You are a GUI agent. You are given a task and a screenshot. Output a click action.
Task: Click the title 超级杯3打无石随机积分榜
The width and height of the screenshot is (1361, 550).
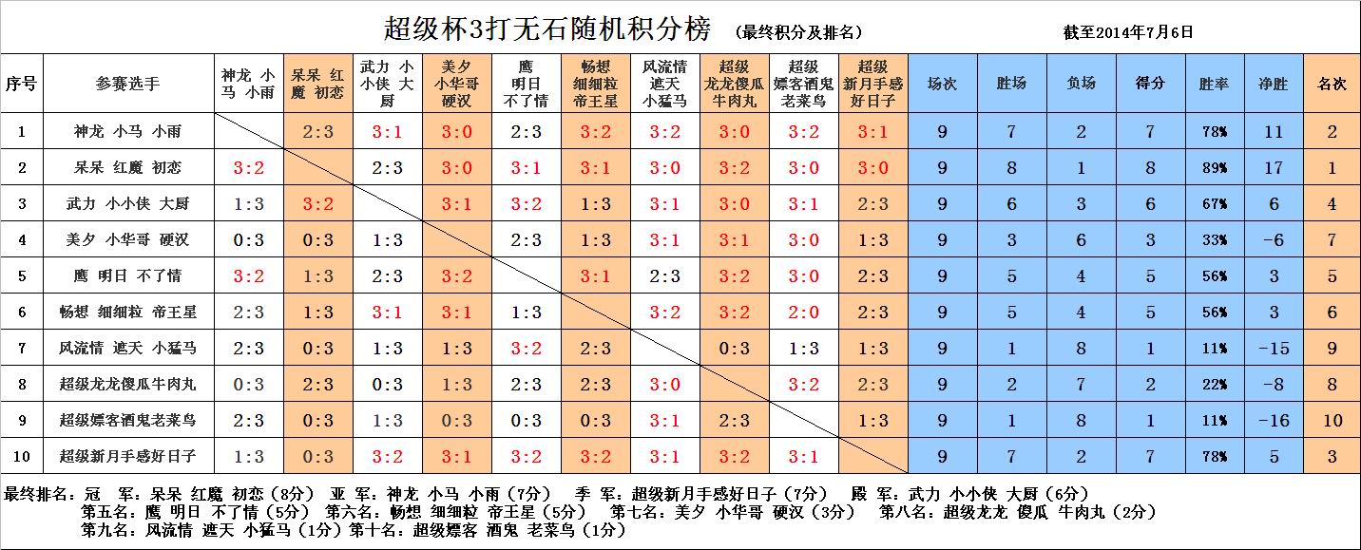click(x=546, y=29)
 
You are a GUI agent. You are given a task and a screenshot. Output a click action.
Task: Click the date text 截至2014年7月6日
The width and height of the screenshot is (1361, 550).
click(x=1128, y=31)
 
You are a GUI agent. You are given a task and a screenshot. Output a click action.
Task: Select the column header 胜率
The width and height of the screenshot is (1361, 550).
click(x=1215, y=84)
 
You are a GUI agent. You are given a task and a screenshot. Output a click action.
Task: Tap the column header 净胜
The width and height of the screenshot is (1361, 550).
click(x=1274, y=84)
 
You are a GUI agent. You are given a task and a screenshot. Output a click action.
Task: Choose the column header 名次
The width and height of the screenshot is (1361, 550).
click(x=1332, y=84)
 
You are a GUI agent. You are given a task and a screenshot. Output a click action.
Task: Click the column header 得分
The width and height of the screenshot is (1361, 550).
click(x=1150, y=84)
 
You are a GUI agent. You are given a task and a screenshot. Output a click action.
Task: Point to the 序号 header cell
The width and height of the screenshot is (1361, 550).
click(x=21, y=84)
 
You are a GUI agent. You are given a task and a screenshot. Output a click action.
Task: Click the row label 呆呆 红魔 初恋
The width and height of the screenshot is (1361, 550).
click(x=127, y=168)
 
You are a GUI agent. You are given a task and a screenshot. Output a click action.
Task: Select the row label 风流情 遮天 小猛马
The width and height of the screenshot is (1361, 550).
click(x=127, y=349)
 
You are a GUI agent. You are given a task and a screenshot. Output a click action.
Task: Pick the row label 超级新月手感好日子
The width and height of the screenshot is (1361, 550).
click(x=127, y=457)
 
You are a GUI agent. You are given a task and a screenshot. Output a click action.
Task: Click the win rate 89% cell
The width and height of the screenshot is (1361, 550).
click(x=1215, y=168)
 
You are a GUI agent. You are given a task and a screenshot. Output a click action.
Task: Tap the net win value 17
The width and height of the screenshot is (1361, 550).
click(x=1274, y=168)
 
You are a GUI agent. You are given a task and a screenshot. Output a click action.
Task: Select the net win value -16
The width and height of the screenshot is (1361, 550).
click(x=1274, y=421)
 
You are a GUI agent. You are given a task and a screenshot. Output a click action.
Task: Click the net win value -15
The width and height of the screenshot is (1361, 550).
click(x=1274, y=349)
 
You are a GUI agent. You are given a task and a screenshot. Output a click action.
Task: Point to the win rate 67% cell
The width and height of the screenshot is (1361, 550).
click(x=1215, y=204)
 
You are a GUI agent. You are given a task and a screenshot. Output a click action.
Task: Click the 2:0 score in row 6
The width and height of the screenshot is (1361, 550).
click(x=803, y=313)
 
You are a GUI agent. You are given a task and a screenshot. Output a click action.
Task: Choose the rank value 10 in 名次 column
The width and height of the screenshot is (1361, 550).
click(x=1332, y=421)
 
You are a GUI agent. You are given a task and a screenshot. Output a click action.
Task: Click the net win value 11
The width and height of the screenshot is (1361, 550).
click(x=1274, y=132)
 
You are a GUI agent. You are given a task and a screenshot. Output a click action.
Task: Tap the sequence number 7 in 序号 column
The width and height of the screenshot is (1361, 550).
click(x=21, y=349)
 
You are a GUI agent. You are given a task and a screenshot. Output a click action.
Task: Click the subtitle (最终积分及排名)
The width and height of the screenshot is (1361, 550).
click(x=798, y=32)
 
